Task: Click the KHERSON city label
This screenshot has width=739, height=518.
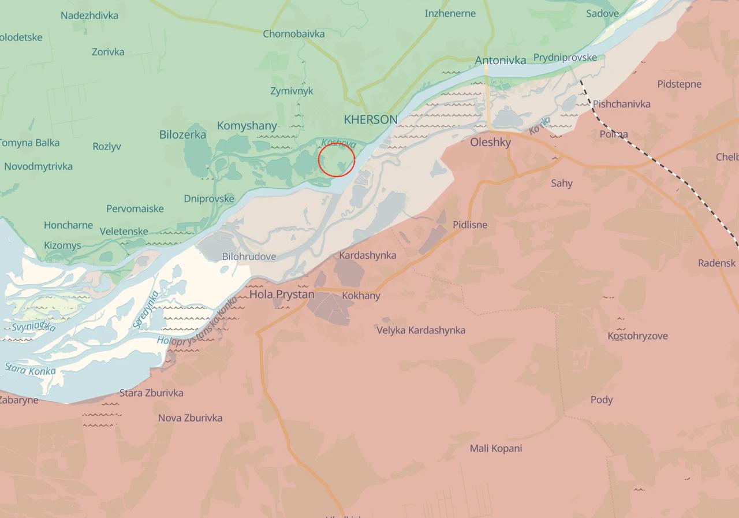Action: pos(371,120)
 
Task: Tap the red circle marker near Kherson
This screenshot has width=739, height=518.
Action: pos(337,160)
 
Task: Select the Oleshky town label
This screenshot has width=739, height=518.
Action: pos(490,142)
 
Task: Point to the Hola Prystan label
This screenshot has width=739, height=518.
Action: pos(282,295)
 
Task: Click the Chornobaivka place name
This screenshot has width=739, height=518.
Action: pos(293,33)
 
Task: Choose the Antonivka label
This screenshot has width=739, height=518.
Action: pos(500,60)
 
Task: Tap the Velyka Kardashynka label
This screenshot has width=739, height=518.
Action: pos(421,330)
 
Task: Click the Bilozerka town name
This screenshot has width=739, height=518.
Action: pos(182,135)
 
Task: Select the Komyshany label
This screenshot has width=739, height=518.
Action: pos(247,125)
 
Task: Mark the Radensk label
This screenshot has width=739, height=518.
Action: pos(716,263)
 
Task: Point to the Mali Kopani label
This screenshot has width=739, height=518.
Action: pos(495,448)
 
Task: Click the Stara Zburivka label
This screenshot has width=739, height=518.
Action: pos(151,393)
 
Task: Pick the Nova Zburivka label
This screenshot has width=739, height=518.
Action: pos(190,418)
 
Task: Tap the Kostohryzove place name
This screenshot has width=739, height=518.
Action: pos(637,336)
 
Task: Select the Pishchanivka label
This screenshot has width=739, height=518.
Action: pos(621,104)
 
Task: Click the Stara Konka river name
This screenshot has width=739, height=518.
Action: pos(30,369)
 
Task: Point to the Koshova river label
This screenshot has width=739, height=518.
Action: pos(339,143)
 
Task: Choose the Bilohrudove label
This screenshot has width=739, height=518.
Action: pos(249,256)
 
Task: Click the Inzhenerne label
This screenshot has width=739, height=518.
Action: pos(450,13)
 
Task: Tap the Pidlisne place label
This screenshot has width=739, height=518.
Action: pos(469,225)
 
